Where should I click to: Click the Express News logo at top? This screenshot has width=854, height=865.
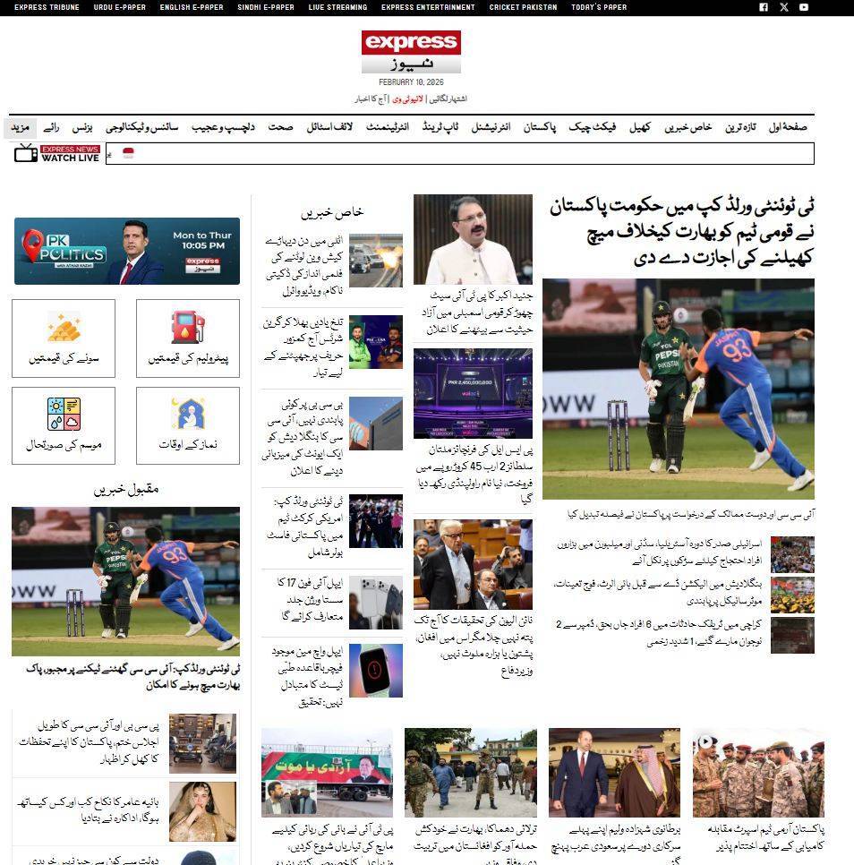pyautogui.click(x=411, y=52)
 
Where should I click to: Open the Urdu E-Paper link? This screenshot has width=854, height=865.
pyautogui.click(x=119, y=7)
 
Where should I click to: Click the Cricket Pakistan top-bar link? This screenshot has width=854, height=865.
pyautogui.click(x=523, y=7)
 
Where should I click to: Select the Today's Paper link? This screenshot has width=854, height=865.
pyautogui.click(x=599, y=7)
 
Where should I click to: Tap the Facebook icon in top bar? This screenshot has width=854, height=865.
pyautogui.click(x=764, y=7)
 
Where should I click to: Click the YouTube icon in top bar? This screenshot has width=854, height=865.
pyautogui.click(x=804, y=7)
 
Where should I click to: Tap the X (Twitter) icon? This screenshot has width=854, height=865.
pyautogui.click(x=784, y=7)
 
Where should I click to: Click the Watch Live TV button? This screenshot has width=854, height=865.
pyautogui.click(x=57, y=154)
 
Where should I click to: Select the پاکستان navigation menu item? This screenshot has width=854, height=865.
pyautogui.click(x=540, y=127)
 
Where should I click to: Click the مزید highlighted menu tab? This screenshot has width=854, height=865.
pyautogui.click(x=20, y=127)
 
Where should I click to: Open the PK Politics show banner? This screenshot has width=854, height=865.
pyautogui.click(x=126, y=251)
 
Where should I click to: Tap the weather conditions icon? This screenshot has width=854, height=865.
pyautogui.click(x=64, y=414)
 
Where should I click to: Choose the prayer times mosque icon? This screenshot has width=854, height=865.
pyautogui.click(x=187, y=414)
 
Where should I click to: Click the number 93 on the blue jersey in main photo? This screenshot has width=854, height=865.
pyautogui.click(x=740, y=350)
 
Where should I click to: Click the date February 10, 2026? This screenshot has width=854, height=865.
pyautogui.click(x=411, y=82)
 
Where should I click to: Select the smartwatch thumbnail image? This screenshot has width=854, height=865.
pyautogui.click(x=375, y=670)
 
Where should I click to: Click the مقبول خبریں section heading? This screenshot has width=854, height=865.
pyautogui.click(x=126, y=489)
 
